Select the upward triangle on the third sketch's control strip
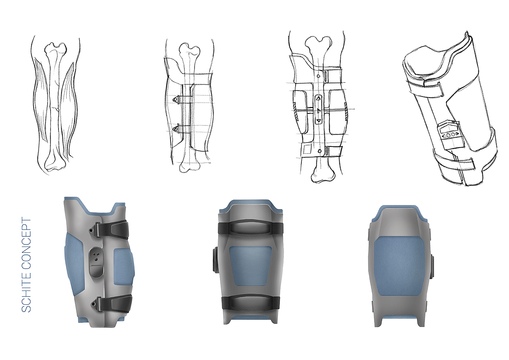318,99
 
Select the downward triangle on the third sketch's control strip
318,120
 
